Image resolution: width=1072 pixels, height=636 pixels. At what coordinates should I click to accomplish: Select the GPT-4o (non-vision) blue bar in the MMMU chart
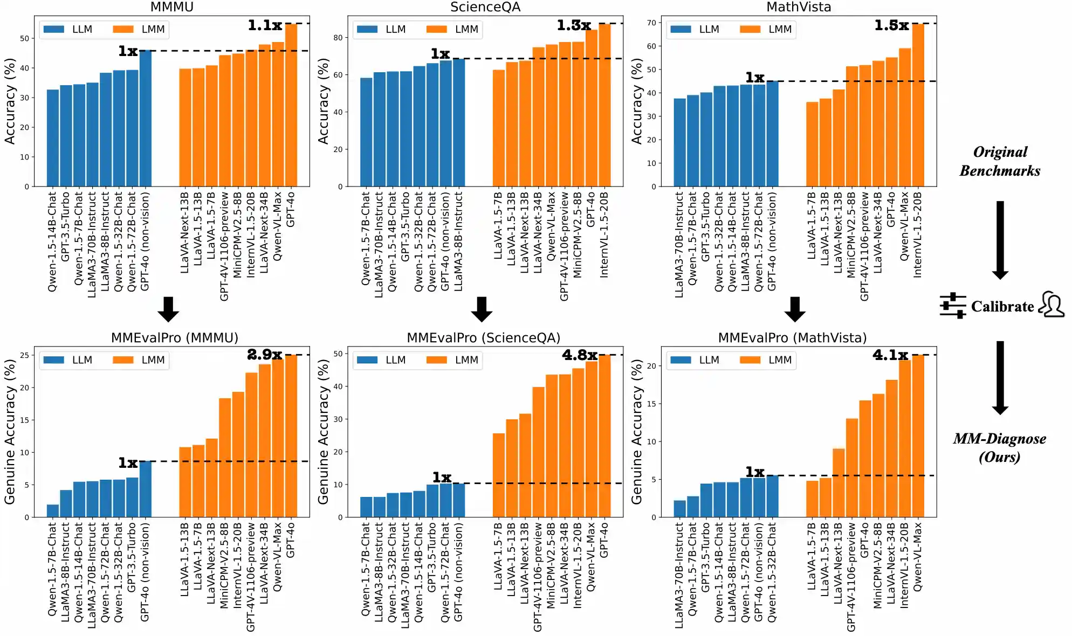point(145,119)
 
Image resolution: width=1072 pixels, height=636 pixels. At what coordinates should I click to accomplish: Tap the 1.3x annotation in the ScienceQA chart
point(574,25)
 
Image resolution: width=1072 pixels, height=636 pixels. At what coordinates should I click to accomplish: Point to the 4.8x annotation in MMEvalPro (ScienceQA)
point(580,355)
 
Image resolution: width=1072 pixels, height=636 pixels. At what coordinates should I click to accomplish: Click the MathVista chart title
point(799,7)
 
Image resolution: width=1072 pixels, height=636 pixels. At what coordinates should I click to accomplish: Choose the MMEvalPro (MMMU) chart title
point(174,338)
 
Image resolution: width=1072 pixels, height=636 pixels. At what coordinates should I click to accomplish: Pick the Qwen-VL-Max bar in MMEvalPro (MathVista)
point(918,436)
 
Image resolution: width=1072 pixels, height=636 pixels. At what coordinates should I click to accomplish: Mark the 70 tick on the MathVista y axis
point(651,23)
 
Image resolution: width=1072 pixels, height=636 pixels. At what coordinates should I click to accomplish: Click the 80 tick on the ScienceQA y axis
point(338,38)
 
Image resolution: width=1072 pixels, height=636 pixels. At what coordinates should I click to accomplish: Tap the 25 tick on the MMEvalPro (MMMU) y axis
point(24,355)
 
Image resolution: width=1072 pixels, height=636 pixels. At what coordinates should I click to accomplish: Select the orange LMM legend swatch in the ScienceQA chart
point(436,29)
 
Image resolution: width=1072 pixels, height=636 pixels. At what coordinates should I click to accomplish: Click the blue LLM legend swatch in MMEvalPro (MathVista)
point(681,360)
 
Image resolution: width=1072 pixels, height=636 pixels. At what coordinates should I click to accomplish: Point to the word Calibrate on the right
point(1002,307)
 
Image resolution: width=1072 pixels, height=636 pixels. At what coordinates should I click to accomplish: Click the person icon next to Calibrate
point(1052,305)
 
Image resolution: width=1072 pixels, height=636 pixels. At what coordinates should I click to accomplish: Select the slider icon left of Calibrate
point(953,306)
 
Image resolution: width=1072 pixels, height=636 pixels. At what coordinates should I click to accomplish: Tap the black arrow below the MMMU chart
point(168,309)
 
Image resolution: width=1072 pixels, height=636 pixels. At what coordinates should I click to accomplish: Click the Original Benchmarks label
point(1000,161)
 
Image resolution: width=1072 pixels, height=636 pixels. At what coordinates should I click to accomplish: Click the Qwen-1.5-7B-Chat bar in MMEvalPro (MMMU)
point(53,511)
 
